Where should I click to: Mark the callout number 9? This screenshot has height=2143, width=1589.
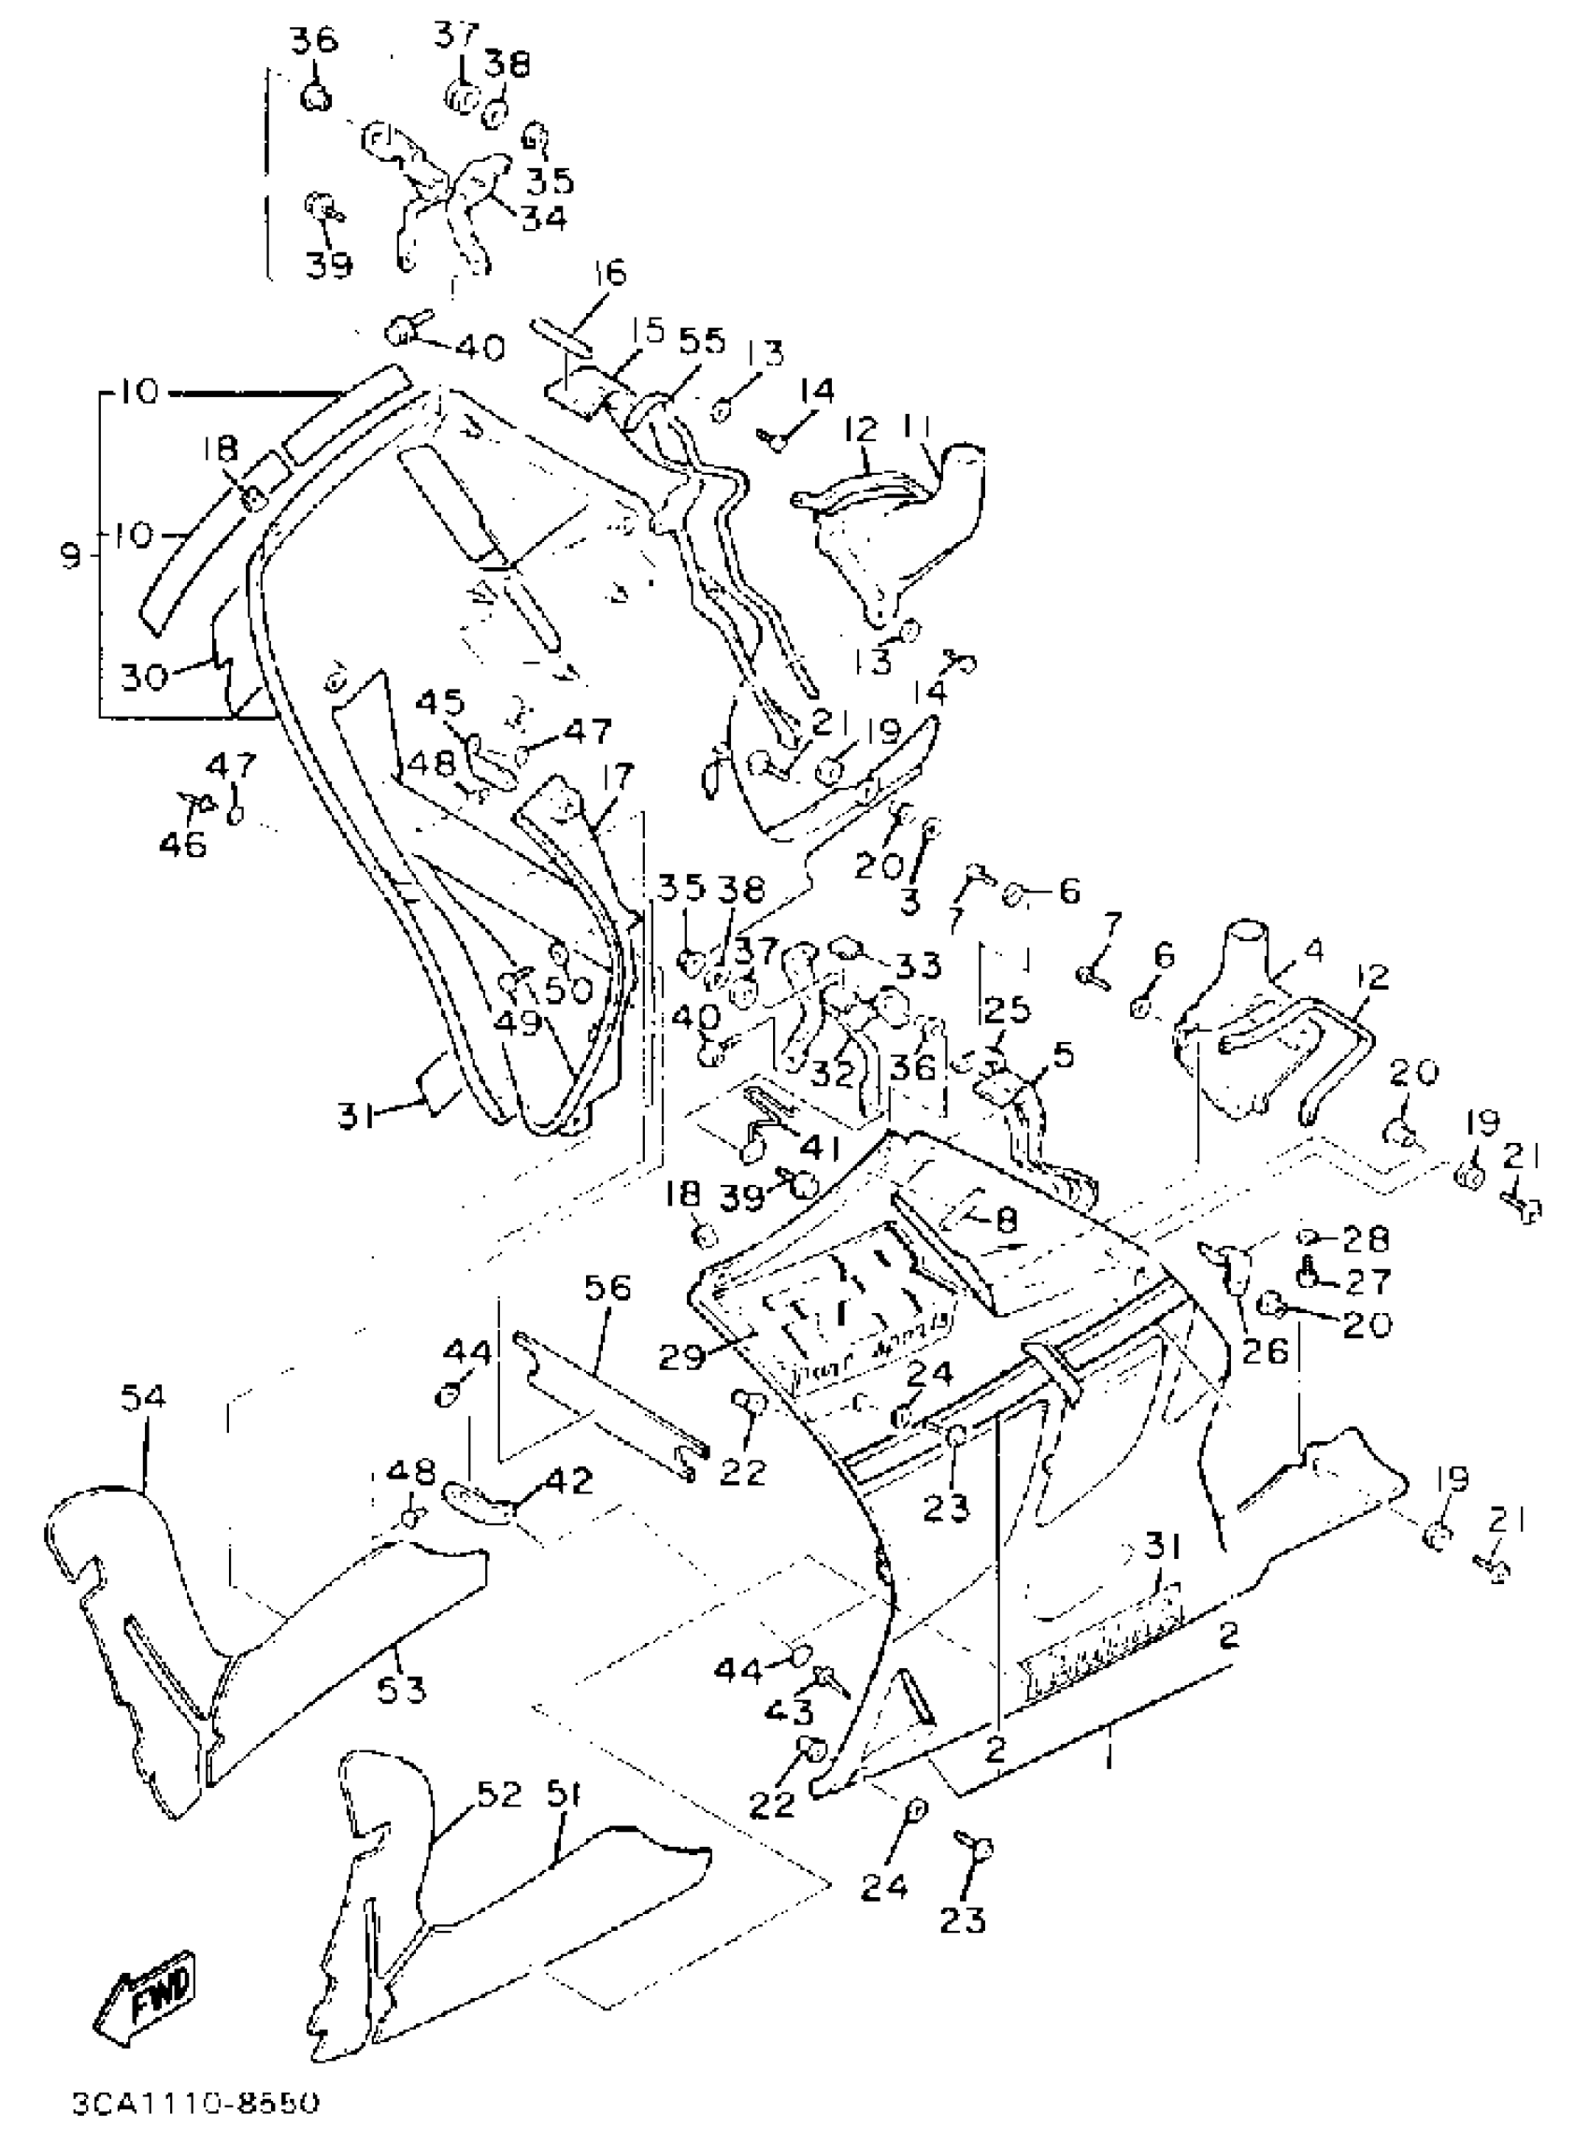tap(70, 554)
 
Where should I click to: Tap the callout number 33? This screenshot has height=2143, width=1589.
tap(919, 964)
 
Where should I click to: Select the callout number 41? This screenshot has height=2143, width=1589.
tap(820, 1147)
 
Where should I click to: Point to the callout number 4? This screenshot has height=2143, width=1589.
tap(1313, 950)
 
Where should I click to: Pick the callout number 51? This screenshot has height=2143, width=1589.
tap(569, 1793)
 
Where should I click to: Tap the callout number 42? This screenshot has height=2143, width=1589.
tap(569, 1481)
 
